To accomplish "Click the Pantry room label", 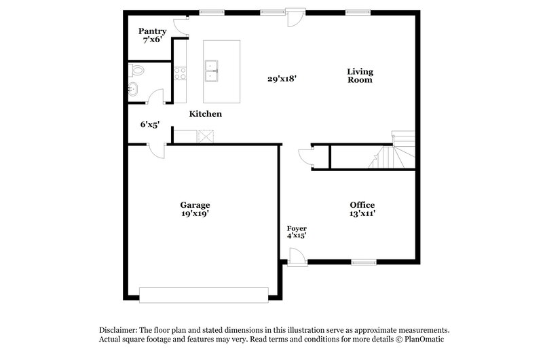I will click(153, 31).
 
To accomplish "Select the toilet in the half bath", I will click(138, 70).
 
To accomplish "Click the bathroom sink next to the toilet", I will click(134, 88).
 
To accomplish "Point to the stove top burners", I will click(180, 73).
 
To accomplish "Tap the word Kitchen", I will click(205, 114).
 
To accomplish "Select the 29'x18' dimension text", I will click(282, 79).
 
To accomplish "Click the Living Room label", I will click(360, 75).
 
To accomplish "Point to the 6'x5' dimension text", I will click(149, 124).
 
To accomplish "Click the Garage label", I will click(195, 205).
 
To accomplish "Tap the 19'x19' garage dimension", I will click(195, 214).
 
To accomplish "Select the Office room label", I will click(362, 205).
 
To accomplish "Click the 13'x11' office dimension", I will click(362, 214).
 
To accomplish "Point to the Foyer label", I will click(297, 228).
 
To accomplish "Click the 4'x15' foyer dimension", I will click(297, 236).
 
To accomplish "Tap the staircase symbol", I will click(390, 153).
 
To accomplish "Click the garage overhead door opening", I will click(204, 295).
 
